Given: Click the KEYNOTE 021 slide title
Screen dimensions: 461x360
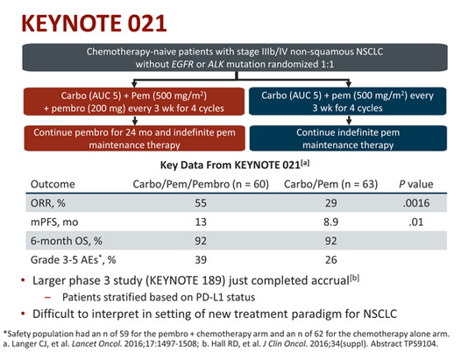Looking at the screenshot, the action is click(94, 23).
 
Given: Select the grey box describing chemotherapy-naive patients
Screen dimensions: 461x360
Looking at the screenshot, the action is click(235, 58).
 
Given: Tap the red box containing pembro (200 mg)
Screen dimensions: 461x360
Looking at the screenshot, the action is click(134, 102).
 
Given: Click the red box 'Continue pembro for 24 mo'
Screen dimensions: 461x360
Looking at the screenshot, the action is click(134, 138).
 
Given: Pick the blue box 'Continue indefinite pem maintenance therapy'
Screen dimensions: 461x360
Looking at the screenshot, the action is click(348, 138).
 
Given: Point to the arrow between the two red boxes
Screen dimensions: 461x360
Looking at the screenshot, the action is click(135, 121).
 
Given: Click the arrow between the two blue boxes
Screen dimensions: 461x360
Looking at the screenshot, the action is click(349, 120).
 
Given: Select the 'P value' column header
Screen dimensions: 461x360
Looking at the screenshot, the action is click(416, 184).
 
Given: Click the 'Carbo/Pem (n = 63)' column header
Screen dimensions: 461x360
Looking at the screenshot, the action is click(330, 184).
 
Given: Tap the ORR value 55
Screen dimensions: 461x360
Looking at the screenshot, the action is click(201, 203).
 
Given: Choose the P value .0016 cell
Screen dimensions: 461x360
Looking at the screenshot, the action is click(416, 203).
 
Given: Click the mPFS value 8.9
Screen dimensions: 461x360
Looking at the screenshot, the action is click(330, 222).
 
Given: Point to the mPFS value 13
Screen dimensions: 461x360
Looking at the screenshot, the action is click(201, 222).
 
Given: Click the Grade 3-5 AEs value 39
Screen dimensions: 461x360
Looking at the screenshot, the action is click(201, 260).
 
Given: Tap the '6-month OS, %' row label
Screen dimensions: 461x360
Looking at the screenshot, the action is click(67, 241).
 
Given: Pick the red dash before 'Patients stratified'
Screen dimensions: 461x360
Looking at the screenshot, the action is click(47, 298).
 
